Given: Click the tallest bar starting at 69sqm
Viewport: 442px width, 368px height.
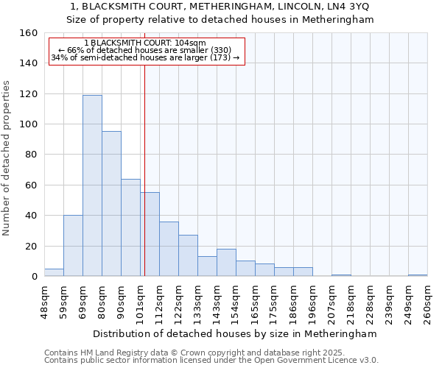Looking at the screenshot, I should tap(92, 185).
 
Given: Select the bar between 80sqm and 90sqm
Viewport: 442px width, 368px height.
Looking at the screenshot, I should tap(111, 204).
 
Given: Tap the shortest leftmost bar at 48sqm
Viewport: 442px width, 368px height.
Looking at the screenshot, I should tap(54, 272).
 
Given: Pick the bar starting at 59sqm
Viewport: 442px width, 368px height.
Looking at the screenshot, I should tap(73, 246).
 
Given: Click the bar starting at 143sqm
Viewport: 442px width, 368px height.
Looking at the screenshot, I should tap(226, 263).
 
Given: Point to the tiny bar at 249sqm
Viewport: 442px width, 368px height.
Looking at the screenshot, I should tap(418, 275).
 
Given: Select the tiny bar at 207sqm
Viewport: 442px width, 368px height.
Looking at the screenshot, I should tap(341, 275).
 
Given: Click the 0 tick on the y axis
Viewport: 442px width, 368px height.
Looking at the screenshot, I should tap(34, 277).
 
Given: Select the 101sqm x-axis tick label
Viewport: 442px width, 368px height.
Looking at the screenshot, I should tap(140, 302).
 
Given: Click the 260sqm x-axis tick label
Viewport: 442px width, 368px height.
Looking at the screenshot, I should tap(427, 302).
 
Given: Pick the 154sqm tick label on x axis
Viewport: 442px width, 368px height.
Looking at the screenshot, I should tap(236, 302).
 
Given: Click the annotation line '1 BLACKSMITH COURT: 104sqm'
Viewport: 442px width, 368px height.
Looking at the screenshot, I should tap(145, 43).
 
